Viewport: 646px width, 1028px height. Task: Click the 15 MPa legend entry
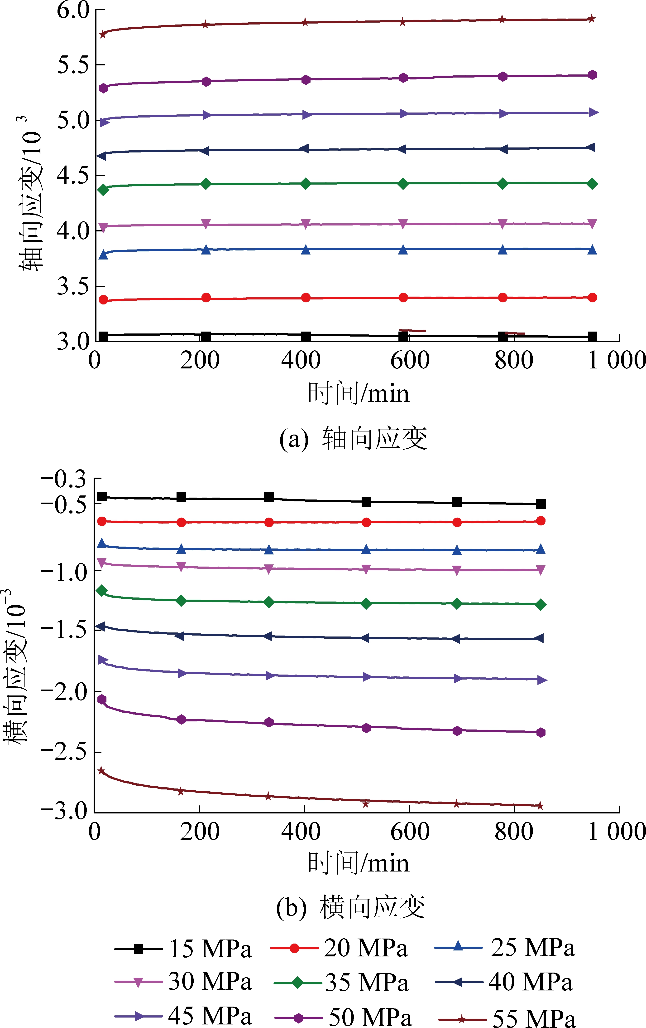[x=183, y=949]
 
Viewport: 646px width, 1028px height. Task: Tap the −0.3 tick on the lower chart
[x=63, y=479]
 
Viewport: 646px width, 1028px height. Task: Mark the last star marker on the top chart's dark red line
[x=591, y=19]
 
